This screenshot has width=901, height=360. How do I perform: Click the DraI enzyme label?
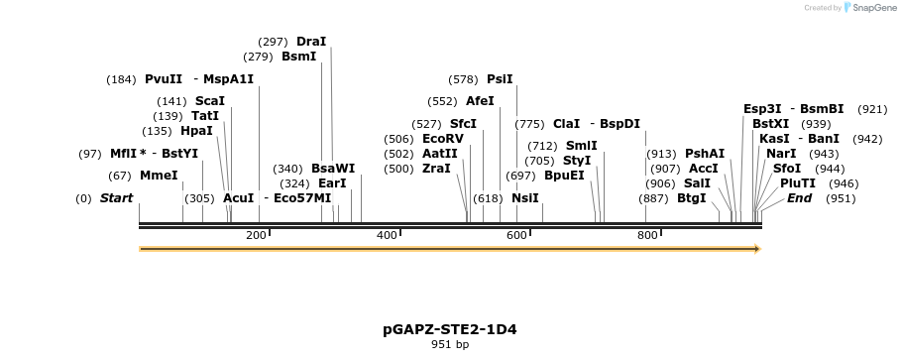point(311,42)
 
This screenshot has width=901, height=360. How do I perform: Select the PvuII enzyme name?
point(164,79)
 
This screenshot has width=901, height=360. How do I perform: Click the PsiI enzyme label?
point(500,79)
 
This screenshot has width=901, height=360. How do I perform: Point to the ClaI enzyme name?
point(566,124)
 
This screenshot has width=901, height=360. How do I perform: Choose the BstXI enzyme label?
point(770,124)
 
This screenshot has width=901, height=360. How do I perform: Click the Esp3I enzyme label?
point(762,109)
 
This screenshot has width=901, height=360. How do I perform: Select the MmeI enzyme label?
point(159,176)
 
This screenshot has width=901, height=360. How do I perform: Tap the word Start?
point(116,198)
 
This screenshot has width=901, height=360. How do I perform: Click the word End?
point(799,198)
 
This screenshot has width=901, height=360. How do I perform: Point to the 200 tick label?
point(256,235)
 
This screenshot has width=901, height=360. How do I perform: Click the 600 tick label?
point(517,235)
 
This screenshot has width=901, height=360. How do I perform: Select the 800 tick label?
point(647,235)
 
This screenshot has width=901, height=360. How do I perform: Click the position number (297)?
point(273,42)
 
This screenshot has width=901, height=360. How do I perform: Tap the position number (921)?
point(872,109)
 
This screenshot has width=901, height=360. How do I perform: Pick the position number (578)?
point(463,79)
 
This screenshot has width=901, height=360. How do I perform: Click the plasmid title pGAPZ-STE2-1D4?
point(450,328)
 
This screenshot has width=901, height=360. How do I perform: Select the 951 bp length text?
point(450,345)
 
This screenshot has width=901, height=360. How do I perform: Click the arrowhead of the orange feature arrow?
point(756,249)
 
